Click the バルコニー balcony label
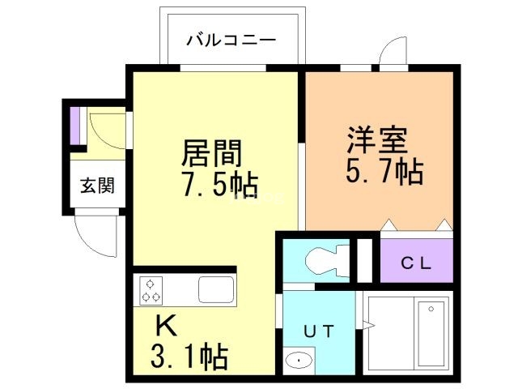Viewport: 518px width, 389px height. (231, 39)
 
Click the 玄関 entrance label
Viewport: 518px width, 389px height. (96, 185)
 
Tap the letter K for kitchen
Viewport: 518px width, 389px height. (166, 326)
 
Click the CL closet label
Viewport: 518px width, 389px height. (417, 263)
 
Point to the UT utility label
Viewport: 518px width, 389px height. (318, 330)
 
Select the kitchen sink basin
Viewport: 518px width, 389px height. (215, 289)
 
